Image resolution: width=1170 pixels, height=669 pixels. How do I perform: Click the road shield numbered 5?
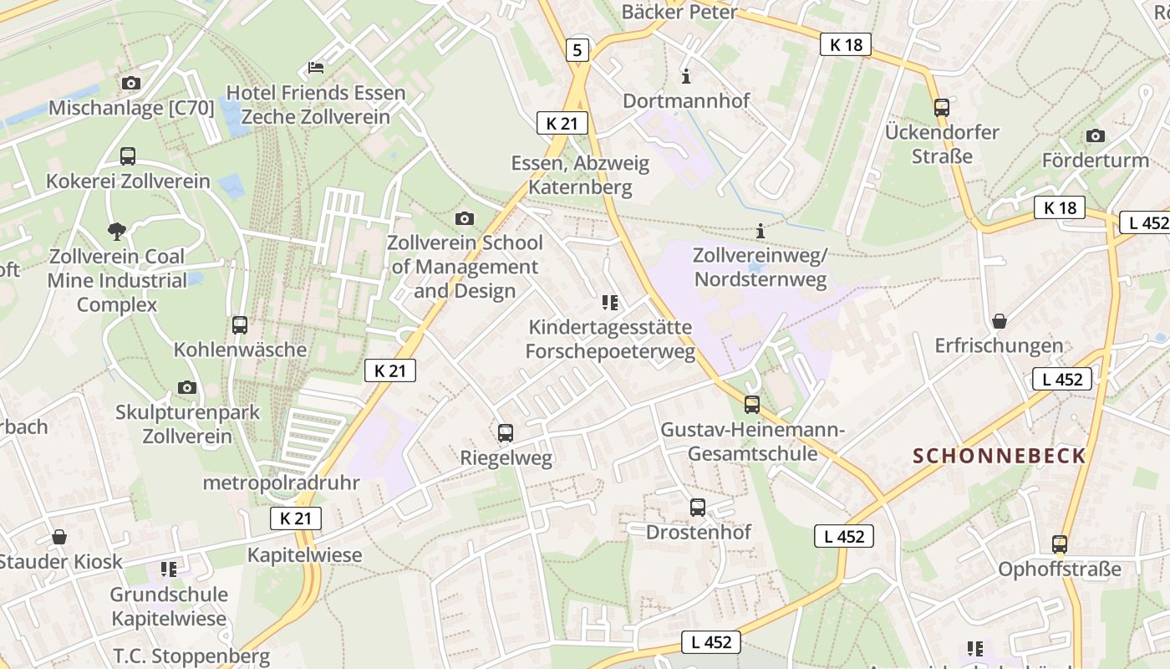tap(577, 50)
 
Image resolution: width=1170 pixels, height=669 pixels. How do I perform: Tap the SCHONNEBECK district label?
tap(1000, 456)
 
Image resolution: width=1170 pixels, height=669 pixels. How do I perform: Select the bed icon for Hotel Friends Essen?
tap(316, 67)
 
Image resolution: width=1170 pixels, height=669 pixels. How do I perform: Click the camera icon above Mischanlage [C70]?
tap(131, 83)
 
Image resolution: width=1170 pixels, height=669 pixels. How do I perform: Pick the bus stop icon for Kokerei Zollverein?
tap(128, 156)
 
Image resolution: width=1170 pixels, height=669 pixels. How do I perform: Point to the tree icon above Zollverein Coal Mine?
tap(117, 230)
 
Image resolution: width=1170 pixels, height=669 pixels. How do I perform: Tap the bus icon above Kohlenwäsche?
tap(240, 324)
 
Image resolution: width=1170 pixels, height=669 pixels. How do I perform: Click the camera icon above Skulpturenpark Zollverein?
tap(187, 387)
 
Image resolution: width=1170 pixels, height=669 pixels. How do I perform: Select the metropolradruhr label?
tap(281, 483)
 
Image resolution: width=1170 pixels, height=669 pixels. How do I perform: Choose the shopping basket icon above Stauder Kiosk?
tap(59, 536)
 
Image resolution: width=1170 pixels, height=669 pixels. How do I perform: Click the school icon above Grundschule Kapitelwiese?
tap(169, 569)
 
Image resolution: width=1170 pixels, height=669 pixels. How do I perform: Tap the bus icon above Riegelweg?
tap(506, 432)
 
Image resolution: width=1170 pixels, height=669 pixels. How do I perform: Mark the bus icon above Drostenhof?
tap(698, 507)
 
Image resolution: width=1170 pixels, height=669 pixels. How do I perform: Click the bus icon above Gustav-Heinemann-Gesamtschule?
tap(752, 405)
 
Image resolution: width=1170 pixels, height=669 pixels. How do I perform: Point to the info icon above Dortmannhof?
tap(687, 76)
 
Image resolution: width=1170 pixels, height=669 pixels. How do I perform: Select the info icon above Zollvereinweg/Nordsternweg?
tap(760, 230)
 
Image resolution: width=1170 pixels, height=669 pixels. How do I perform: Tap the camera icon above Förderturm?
tap(1095, 135)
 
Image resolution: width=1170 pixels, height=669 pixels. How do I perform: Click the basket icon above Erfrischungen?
tap(999, 320)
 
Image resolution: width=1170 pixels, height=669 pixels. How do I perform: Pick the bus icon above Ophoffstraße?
tap(1060, 544)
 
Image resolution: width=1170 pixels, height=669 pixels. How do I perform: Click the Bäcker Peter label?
tap(679, 12)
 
